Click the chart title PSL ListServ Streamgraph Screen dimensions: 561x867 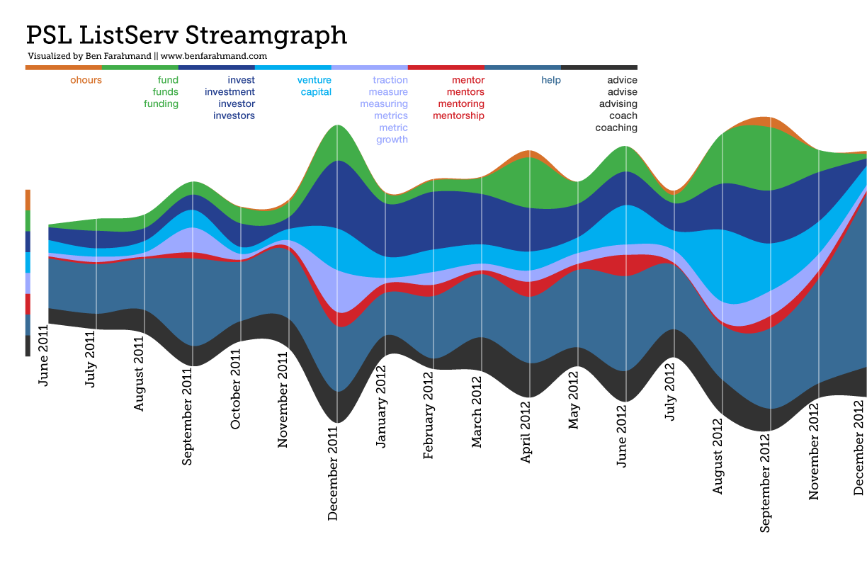coord(186,35)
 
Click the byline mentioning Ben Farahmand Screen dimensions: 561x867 coord(147,56)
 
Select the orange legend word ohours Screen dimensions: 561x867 coord(86,80)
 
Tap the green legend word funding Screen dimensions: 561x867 coord(161,104)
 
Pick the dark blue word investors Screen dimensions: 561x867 coord(234,116)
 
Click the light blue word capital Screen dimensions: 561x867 coord(316,92)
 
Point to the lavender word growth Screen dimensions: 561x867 coord(392,140)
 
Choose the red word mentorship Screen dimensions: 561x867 coord(458,116)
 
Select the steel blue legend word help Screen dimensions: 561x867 coord(550,80)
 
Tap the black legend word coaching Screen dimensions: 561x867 coord(616,128)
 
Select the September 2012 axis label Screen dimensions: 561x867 coord(766,482)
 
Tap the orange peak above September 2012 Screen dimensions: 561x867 coord(764,123)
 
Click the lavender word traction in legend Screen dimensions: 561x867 coord(390,80)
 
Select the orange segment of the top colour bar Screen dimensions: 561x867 coord(63,67)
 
